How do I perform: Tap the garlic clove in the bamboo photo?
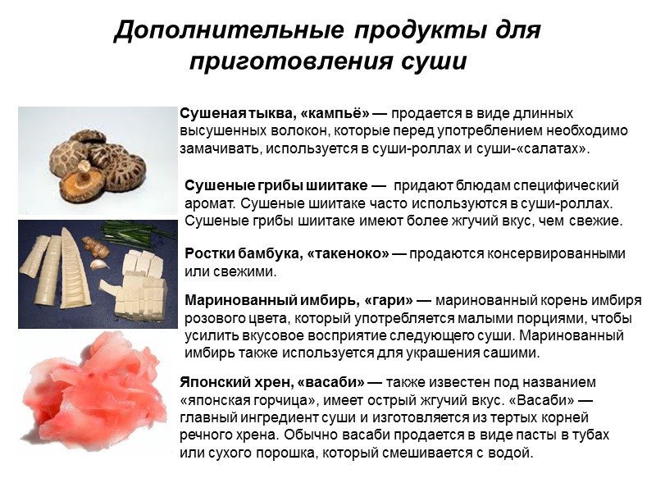[x=99, y=264]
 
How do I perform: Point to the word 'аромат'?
[x=209, y=203]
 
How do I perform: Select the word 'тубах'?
[x=590, y=435]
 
